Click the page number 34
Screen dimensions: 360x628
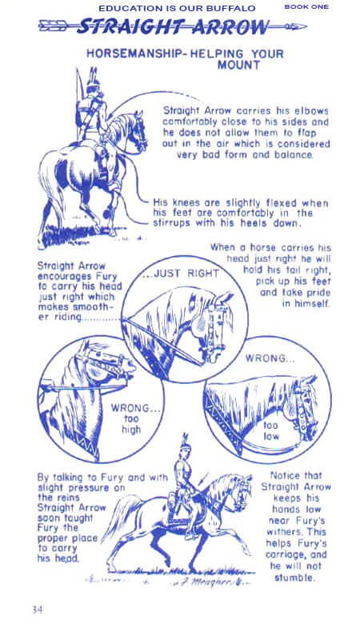tap(38, 610)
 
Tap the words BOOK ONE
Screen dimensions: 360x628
tap(306, 7)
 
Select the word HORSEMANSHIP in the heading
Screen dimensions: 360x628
tap(134, 54)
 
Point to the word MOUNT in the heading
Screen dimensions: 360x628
tap(238, 65)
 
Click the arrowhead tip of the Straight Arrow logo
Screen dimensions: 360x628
tap(306, 27)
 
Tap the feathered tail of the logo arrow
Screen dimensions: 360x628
tap(53, 27)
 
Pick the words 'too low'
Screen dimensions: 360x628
tap(271, 430)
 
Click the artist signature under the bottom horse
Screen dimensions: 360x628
tap(211, 581)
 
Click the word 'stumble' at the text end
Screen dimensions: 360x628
tap(294, 578)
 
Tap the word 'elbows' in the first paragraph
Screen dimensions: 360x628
tap(311, 110)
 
